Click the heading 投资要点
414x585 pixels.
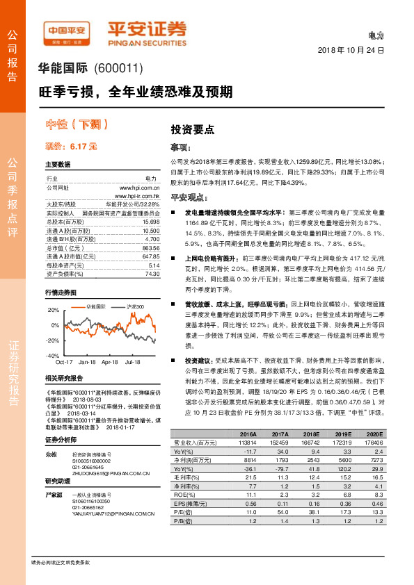click(x=192, y=129)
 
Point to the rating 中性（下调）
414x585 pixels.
click(x=77, y=125)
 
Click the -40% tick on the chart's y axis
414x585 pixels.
click(x=53, y=355)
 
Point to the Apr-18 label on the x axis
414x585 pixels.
click(x=110, y=363)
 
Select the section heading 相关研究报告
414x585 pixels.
click(x=64, y=378)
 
